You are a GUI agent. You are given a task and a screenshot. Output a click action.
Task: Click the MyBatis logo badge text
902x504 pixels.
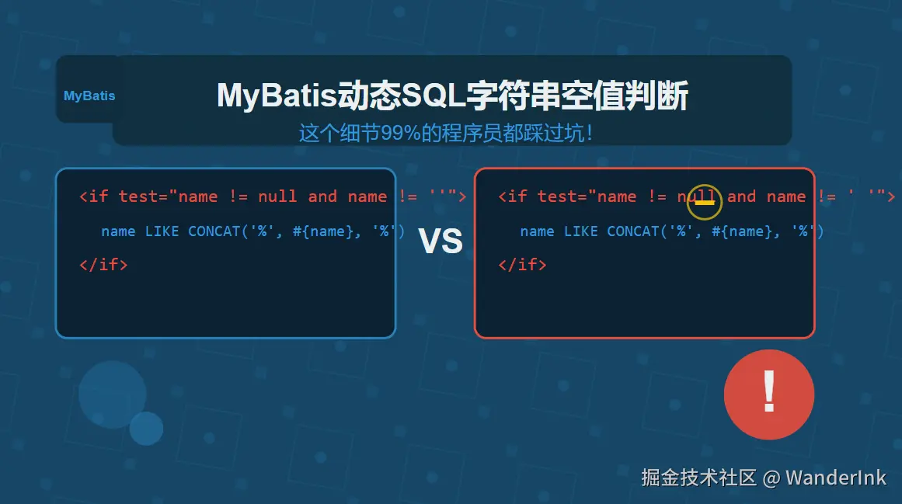pos(89,96)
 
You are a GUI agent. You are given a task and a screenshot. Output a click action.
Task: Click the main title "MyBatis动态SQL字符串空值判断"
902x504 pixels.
pos(452,96)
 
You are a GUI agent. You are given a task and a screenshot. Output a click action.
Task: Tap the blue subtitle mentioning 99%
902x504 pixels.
pos(446,133)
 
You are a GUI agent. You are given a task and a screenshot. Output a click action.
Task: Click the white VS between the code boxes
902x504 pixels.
pos(441,241)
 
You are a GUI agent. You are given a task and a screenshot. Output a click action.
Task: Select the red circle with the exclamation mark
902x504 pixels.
pos(769,395)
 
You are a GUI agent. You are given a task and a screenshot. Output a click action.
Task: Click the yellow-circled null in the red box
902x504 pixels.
pos(697,196)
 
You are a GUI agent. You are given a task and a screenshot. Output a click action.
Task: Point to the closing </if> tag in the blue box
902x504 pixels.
pos(103,264)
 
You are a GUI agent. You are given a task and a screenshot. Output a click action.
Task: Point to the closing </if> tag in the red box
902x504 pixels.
pos(522,264)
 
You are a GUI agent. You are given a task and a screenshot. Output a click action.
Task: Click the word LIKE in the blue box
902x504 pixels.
pos(162,231)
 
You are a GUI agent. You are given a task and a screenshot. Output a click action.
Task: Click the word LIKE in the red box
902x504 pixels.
pos(580,231)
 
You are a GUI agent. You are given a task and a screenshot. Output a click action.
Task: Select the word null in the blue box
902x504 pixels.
pos(277,196)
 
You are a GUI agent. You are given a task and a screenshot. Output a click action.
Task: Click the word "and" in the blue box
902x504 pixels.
pos(322,196)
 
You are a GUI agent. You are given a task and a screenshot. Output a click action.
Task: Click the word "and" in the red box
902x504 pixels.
pos(741,196)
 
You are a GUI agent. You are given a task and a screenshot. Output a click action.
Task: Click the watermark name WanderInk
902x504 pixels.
pos(836,478)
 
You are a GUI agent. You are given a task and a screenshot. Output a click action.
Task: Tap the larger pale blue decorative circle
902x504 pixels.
pos(112,395)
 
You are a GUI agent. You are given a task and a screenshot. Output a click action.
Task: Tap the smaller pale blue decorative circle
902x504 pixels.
pos(146,428)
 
